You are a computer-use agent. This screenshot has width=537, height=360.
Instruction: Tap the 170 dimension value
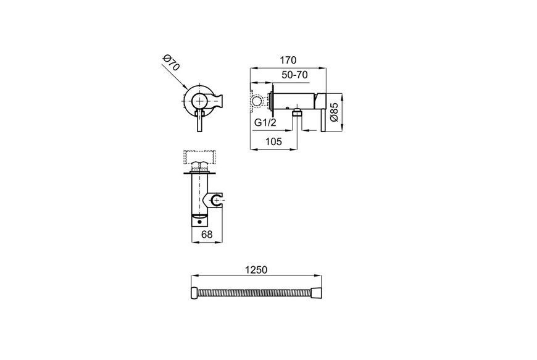coord(288,61)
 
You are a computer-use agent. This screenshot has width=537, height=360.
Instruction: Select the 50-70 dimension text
coord(294,75)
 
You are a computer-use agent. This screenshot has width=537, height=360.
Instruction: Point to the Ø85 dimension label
coord(334,112)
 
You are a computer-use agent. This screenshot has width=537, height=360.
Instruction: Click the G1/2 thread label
coord(265,123)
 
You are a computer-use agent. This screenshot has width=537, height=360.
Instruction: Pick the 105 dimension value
coord(273,141)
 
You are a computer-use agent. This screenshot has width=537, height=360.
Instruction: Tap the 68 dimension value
coord(207,234)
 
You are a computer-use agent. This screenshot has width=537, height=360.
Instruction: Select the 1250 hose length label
coord(256,270)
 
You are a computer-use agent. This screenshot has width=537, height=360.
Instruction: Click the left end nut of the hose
coord(194,293)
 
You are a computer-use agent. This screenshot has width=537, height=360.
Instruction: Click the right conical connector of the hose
coord(316,293)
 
